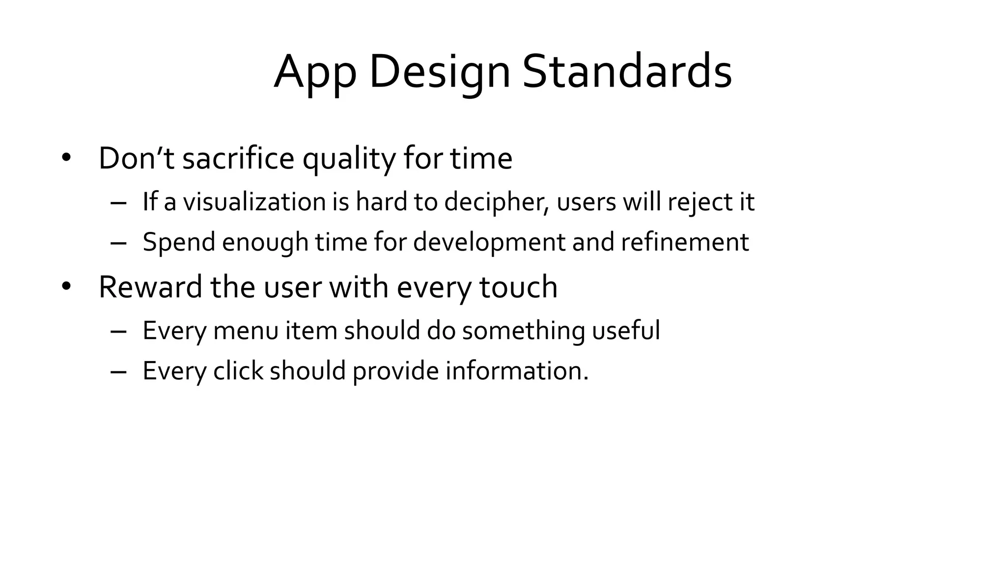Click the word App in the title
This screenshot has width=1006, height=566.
pos(315,73)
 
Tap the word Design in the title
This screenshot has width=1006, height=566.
pos(439,73)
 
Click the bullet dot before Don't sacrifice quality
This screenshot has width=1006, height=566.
pos(66,158)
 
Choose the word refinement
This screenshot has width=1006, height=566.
pos(685,242)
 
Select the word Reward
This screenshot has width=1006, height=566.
pos(150,287)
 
